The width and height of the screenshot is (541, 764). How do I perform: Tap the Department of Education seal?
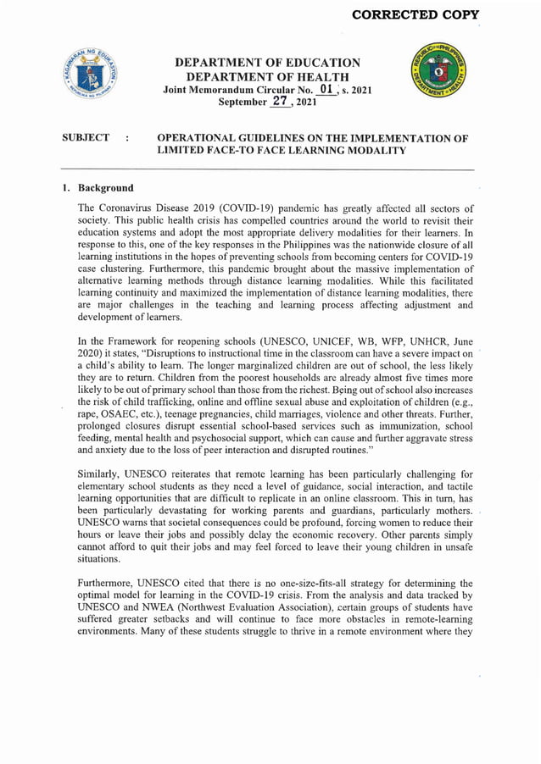(94, 77)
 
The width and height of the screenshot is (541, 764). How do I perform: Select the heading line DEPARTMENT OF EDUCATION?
(267, 63)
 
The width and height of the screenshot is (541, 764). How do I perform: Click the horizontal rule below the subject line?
(269, 170)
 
